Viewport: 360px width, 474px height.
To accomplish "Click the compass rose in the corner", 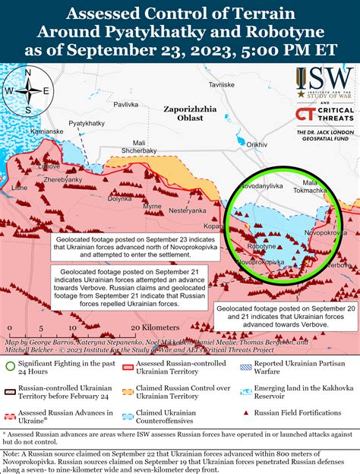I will coord(27,90).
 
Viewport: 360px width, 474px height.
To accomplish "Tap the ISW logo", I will coord(324,84).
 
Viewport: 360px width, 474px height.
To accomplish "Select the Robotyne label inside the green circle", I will coord(262,247).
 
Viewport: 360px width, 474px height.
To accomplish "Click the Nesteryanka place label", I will coord(187,210).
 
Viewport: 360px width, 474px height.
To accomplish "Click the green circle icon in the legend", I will coord(11,367).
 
